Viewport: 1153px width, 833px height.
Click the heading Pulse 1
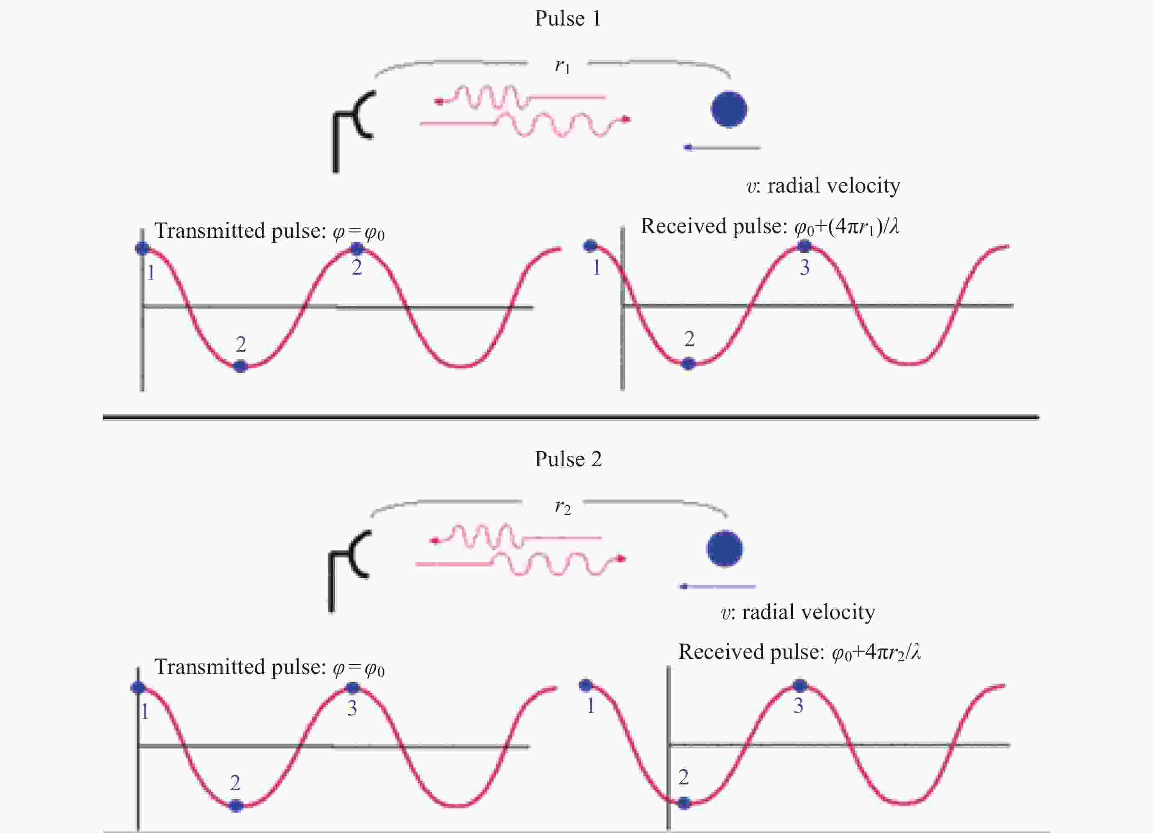tap(567, 19)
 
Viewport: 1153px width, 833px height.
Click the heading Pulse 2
tap(568, 459)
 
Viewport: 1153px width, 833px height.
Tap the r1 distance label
tap(562, 66)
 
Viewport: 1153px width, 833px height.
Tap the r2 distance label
tap(563, 506)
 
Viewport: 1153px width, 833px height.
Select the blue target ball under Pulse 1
tap(728, 109)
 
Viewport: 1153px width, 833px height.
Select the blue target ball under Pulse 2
tap(725, 549)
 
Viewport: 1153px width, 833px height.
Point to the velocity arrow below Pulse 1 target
tap(722, 147)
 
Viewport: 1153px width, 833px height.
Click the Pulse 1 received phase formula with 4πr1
tap(846, 227)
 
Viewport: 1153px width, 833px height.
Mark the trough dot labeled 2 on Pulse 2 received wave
tap(684, 803)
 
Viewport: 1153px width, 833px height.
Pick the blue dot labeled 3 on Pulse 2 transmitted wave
tap(352, 688)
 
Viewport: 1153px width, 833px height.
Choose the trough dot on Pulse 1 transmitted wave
tap(240, 366)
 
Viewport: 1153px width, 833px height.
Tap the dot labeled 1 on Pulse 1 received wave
tap(590, 246)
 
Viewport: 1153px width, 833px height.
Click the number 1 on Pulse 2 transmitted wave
tap(145, 712)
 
